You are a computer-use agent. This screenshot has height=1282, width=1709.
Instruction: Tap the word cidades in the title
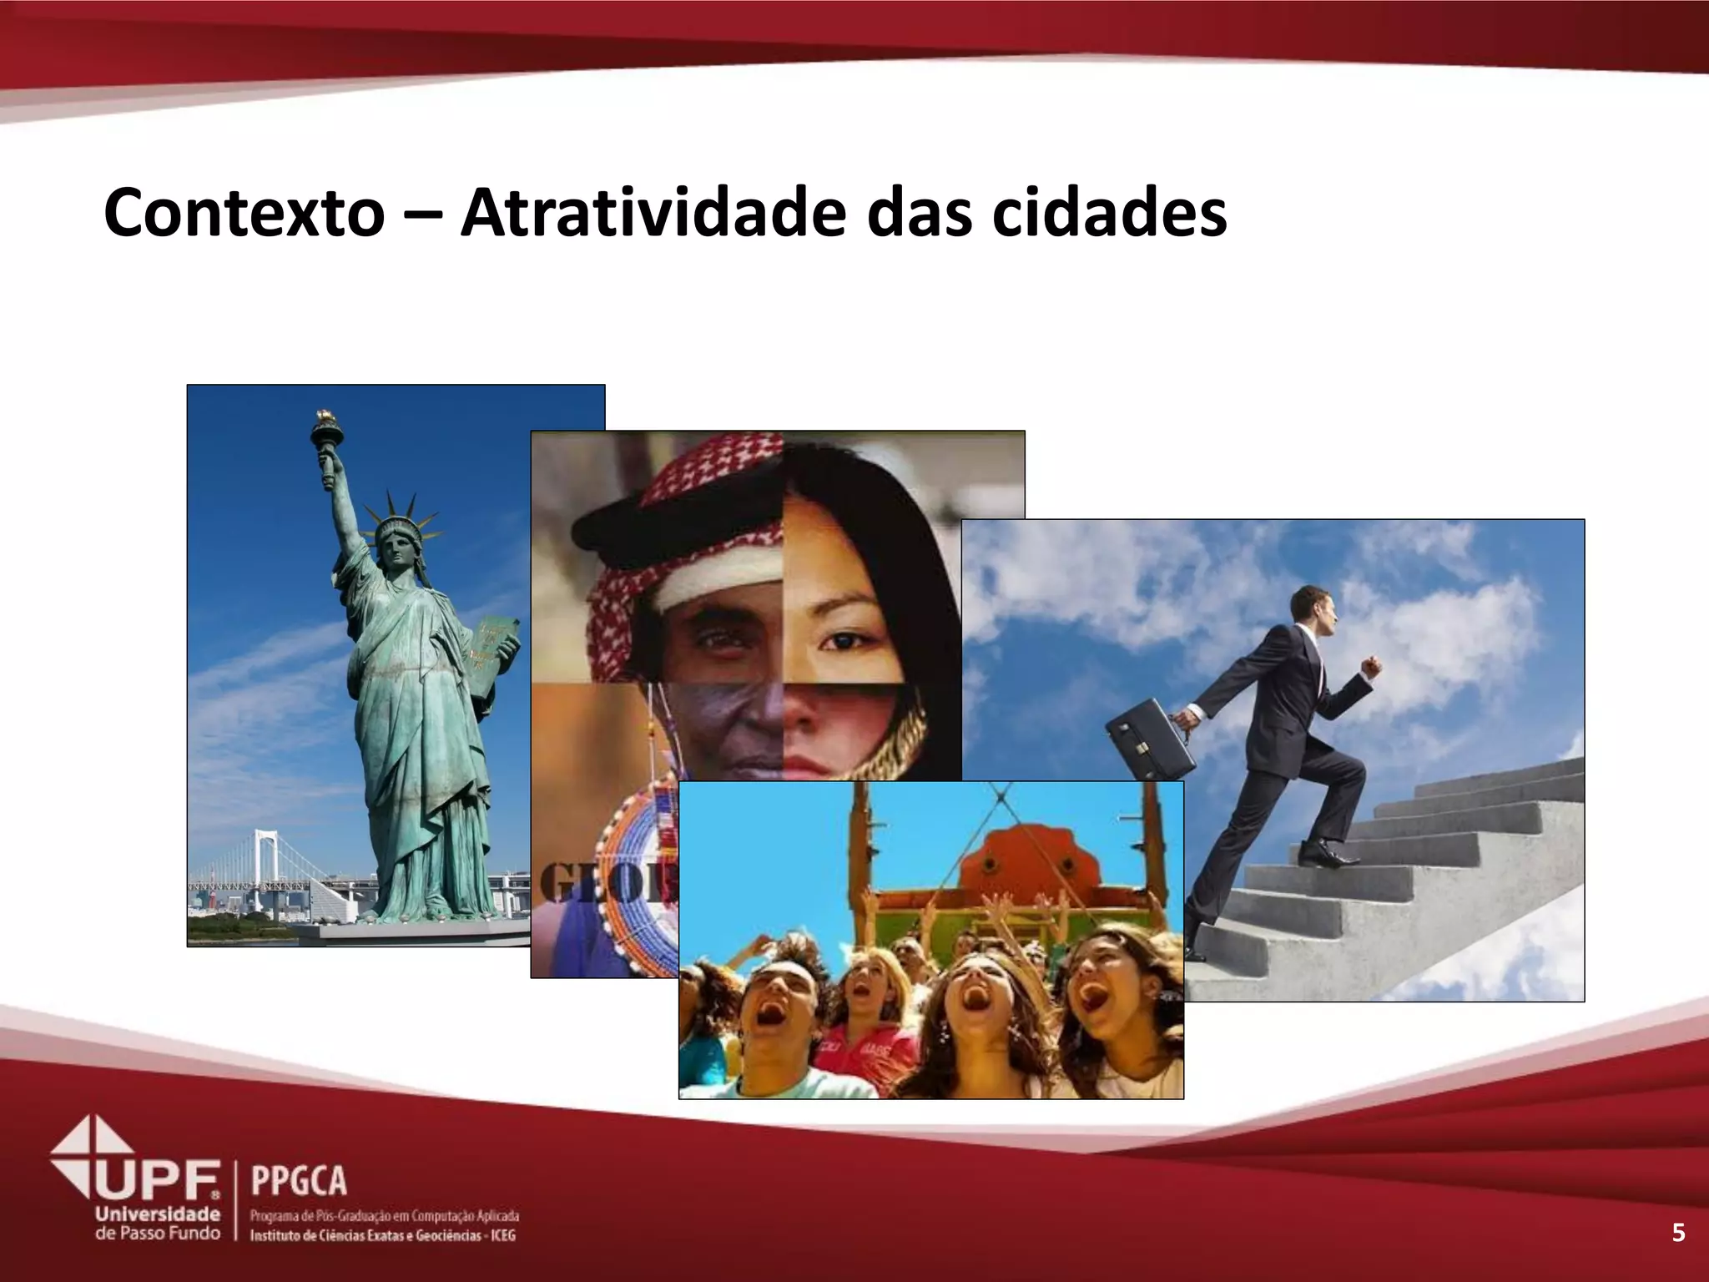1109,213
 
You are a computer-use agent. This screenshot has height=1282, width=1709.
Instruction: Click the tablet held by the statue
494,659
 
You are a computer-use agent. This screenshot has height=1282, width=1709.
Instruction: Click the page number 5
1678,1233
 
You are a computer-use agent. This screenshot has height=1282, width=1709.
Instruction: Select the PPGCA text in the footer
298,1181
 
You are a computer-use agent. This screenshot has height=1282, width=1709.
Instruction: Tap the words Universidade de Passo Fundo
158,1223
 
